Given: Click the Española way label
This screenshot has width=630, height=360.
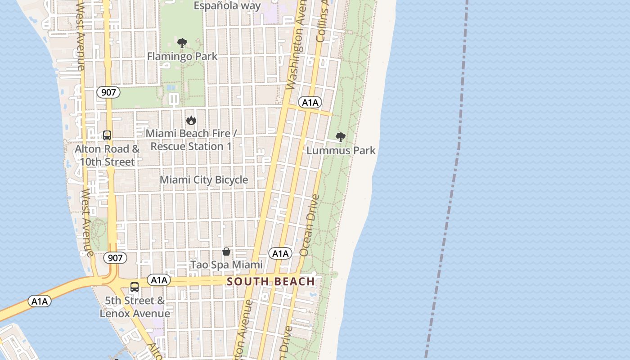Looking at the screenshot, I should pos(227,6).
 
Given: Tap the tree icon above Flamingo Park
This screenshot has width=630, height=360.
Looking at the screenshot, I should pos(182,43).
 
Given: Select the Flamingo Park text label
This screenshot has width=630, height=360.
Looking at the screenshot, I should pos(182,56).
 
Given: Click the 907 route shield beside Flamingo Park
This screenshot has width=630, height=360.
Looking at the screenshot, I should pos(108,93).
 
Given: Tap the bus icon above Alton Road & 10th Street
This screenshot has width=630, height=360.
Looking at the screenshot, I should pos(107,135).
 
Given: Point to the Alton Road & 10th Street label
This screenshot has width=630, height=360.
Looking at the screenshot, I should pos(107,155).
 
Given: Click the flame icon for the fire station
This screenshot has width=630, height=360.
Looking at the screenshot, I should pos(191,120).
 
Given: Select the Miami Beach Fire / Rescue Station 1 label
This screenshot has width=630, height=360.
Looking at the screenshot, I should pos(191,140).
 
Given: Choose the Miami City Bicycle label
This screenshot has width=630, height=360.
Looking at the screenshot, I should pos(204,180).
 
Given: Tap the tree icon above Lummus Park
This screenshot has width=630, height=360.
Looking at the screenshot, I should pos(341,137).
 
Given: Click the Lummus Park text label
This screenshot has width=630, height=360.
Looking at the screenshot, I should pos(341,150).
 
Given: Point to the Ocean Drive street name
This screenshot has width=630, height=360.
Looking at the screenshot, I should pos(310,225).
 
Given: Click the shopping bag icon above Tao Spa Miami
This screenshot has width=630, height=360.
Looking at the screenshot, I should pos(226,252).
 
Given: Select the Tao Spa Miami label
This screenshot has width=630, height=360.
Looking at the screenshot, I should pos(226,265).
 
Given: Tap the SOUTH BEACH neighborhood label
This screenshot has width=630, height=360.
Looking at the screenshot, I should pos(271,282).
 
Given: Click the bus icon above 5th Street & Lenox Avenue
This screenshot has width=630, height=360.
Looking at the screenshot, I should pos(135,287).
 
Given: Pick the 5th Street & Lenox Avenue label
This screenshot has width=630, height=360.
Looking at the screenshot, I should pos(135,307).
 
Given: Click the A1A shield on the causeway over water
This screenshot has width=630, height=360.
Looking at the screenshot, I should pos(40,301).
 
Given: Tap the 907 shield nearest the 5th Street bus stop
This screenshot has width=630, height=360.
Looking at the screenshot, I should pos(115,258).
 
